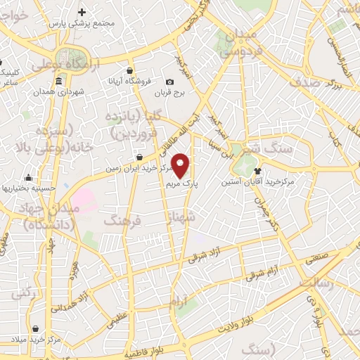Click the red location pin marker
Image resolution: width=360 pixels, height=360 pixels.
tap(181, 165)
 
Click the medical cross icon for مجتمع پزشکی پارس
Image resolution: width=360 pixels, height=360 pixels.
tap(83, 12)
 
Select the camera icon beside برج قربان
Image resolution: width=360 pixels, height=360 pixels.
tap(170, 82)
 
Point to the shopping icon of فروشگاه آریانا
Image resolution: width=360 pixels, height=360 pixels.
tap(131, 70)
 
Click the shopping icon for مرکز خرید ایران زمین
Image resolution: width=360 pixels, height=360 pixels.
tap(141, 157)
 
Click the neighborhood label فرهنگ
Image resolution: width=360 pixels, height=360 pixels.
tap(122, 221)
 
